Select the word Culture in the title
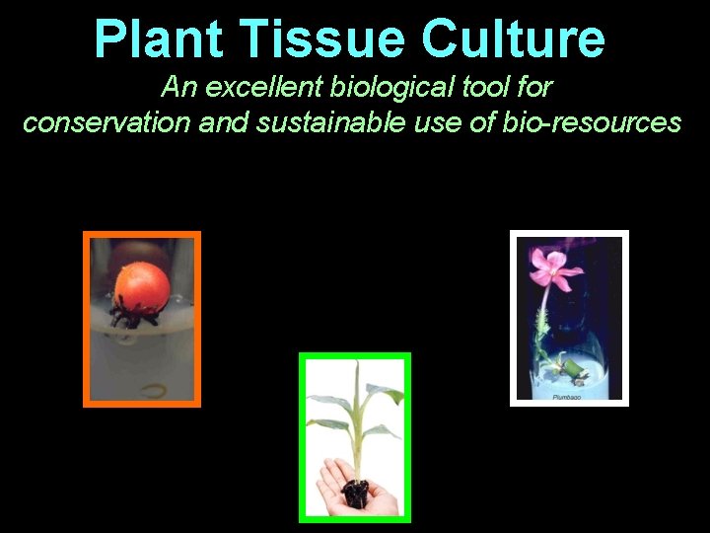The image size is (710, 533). click(x=513, y=38)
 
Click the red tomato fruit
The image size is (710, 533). click(x=142, y=286)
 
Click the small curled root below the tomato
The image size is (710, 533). click(x=153, y=388)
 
